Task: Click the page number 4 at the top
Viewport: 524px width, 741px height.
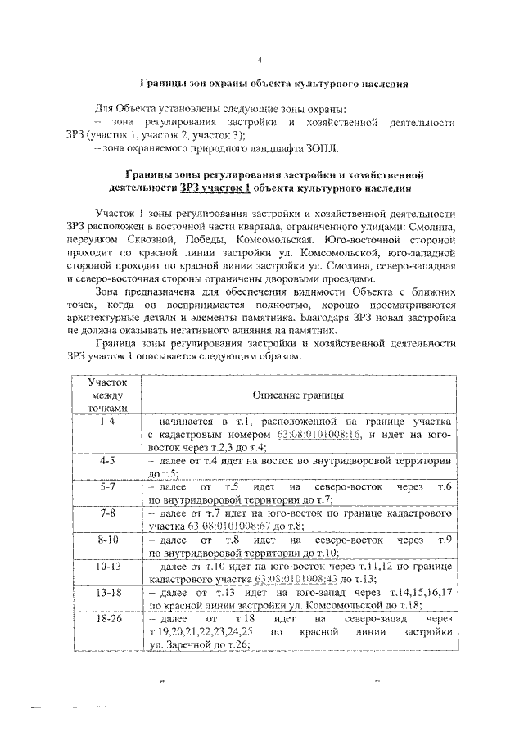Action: point(260,60)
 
